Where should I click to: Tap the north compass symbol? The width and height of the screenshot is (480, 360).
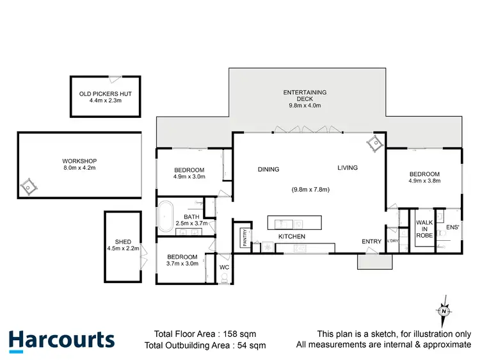click(x=444, y=309)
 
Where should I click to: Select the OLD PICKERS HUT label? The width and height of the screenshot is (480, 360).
click(x=106, y=94)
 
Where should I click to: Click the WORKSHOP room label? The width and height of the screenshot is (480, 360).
click(x=79, y=161)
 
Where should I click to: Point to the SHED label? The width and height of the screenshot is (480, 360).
click(x=124, y=242)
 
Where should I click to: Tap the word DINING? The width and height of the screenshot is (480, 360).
click(x=269, y=170)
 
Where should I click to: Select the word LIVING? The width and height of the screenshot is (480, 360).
click(x=348, y=168)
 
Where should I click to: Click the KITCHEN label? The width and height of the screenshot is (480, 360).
click(x=291, y=237)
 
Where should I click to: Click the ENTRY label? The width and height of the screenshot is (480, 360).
click(x=371, y=241)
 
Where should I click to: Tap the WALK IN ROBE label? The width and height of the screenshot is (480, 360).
click(x=424, y=229)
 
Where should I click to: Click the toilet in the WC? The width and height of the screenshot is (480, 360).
click(x=225, y=277)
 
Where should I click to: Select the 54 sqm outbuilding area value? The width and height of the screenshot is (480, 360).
click(x=249, y=346)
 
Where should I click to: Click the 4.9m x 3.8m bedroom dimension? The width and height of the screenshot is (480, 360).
click(x=424, y=182)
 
